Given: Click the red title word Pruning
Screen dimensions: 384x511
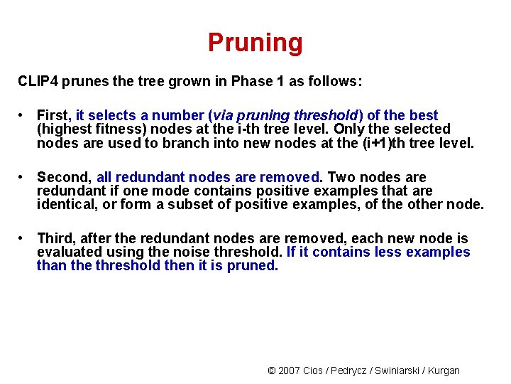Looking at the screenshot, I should point(255,43).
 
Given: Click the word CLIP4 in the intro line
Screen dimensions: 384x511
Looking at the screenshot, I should point(38,82).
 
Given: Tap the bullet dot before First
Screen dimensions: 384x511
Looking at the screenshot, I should point(23,115).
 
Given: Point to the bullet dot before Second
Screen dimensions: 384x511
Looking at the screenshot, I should point(23,177).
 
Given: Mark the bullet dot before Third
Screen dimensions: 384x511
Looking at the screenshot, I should point(23,238).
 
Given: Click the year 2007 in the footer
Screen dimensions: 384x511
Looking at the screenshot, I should point(290,370).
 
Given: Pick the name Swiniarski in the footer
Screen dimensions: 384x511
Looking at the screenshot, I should point(403,370).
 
